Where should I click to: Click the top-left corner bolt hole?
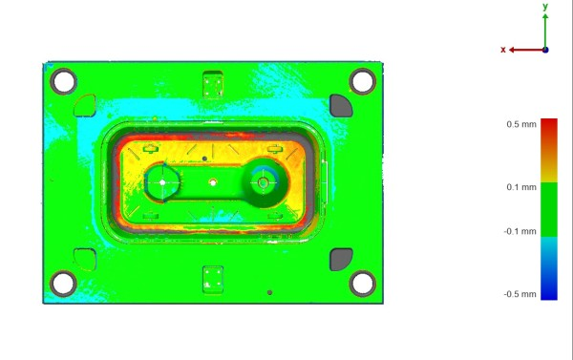[x=64, y=81]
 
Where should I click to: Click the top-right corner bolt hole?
[x=363, y=81]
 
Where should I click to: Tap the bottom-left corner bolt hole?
[x=64, y=284]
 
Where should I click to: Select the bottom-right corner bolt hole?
[x=363, y=284]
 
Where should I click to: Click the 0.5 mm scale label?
[x=521, y=124]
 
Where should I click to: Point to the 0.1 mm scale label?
[x=521, y=187]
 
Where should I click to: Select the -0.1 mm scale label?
[x=520, y=231]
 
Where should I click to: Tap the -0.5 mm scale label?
[x=520, y=294]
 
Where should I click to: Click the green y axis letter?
[x=545, y=7]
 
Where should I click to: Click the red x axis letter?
[x=503, y=50]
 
